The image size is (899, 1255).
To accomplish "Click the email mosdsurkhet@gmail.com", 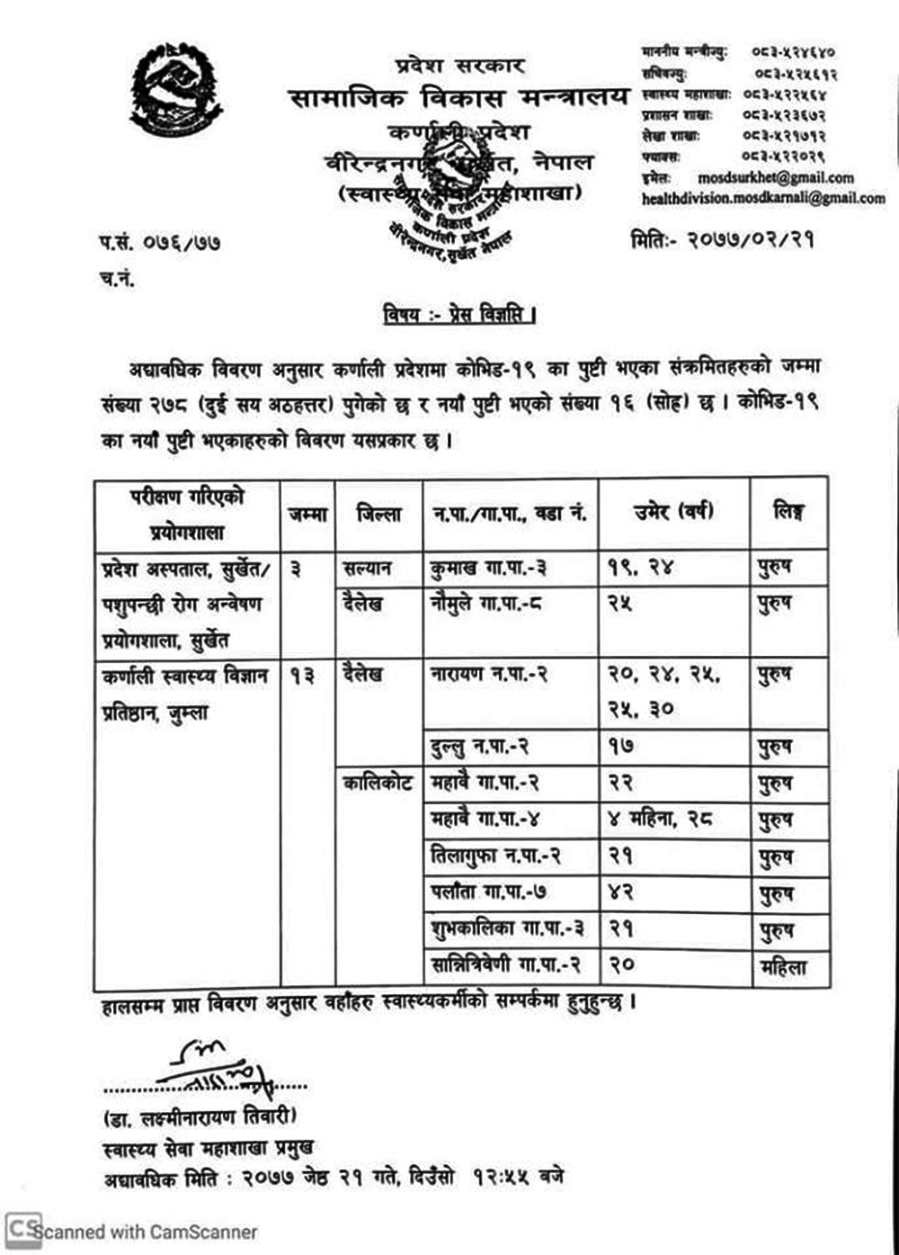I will (775, 178).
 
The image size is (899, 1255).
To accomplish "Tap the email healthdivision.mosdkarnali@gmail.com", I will (763, 197).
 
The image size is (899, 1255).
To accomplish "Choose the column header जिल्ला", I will (378, 515).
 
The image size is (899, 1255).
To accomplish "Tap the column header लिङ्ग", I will (788, 513).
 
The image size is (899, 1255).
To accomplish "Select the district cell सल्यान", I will (367, 569).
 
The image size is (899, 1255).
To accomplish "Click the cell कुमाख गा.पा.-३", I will (488, 569).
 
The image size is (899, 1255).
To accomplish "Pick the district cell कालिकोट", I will (378, 784).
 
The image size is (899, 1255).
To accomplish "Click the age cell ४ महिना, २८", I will (662, 820).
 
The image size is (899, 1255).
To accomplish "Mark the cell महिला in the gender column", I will (782, 968).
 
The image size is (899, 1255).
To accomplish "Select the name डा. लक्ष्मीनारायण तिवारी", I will (199, 1118).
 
